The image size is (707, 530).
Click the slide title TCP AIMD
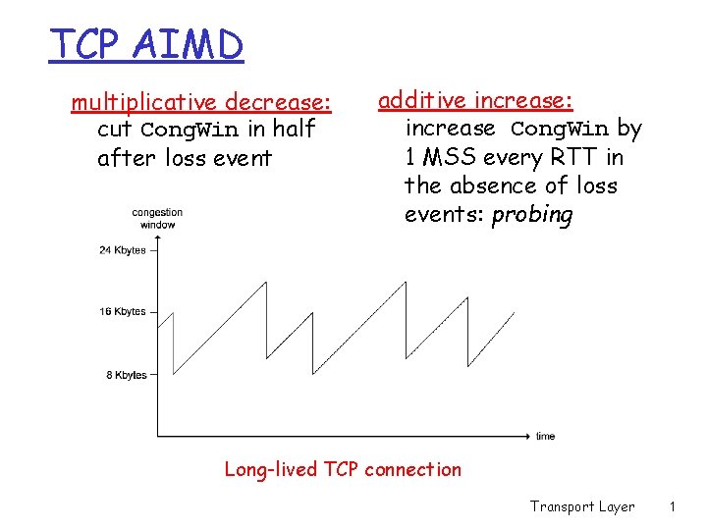[x=146, y=44]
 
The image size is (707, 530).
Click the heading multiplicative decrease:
[x=201, y=102]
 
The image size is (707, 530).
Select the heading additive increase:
[x=476, y=100]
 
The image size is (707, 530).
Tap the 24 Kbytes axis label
[x=122, y=250]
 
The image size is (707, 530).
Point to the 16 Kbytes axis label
[x=122, y=312]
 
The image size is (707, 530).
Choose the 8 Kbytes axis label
[x=125, y=375]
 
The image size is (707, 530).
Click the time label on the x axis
[x=545, y=436]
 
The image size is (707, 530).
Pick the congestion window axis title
[x=157, y=218]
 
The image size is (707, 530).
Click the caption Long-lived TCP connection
[x=343, y=469]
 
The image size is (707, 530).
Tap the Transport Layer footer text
[x=582, y=506]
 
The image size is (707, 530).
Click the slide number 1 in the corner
[x=672, y=506]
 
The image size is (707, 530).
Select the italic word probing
[x=531, y=215]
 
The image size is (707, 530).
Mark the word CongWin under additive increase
[x=560, y=129]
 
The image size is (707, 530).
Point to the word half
[x=294, y=129]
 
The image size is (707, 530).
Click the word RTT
[x=575, y=157]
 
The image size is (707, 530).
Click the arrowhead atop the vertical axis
[x=157, y=239]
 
